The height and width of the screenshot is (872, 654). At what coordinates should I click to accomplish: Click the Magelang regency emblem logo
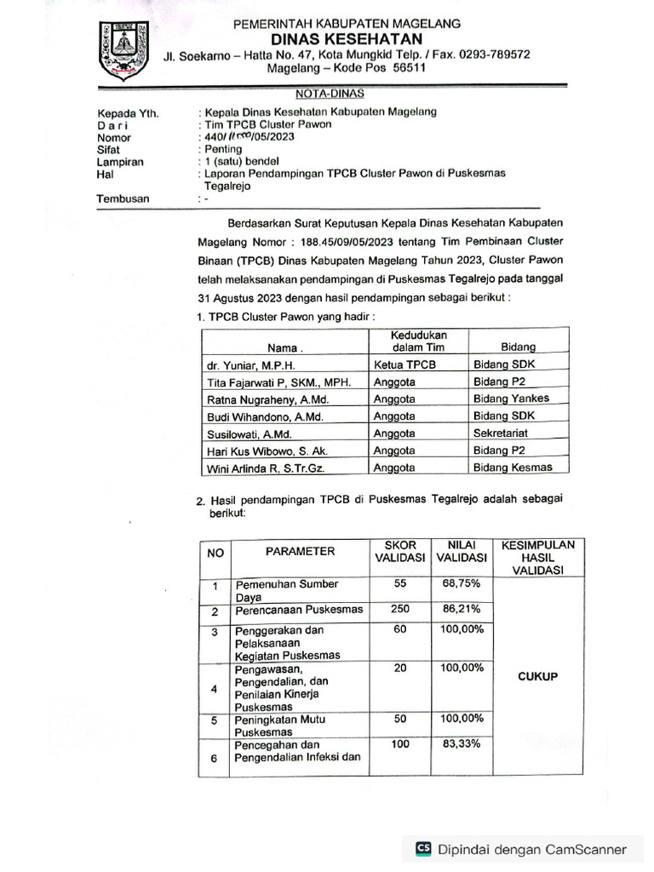pos(123,50)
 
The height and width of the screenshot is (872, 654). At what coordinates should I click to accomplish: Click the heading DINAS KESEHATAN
pos(347,39)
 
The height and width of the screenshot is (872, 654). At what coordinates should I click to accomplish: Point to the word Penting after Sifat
pos(224,148)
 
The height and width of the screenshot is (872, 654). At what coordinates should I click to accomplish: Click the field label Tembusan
pos(123,198)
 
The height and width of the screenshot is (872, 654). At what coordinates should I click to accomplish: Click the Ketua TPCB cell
pos(404,364)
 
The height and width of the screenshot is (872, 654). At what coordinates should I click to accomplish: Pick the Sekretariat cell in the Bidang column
pos(508,433)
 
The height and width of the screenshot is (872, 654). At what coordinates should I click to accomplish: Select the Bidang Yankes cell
pos(511,399)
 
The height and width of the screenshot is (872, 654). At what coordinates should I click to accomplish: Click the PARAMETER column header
pos(300,552)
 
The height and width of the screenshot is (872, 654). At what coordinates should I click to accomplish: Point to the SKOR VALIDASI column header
pos(400,551)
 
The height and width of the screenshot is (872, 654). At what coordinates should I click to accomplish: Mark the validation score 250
pos(400,610)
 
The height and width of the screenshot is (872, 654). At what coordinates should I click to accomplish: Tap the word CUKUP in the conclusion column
pos(537,677)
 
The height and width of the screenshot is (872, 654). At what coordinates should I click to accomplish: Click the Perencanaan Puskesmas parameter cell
pos(299,610)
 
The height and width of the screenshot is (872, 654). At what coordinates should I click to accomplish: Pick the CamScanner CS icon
pos(423,849)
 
